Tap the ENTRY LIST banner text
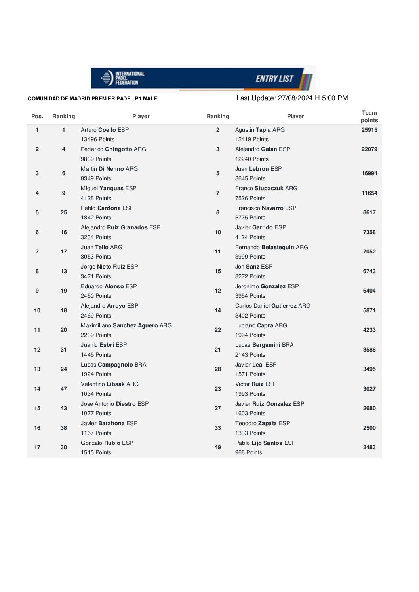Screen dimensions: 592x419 coord(274,79)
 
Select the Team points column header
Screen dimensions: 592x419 coord(369,116)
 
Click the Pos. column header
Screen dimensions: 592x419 coord(37,116)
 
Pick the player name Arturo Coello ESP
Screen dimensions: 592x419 coord(105,130)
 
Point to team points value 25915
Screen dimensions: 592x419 coord(369,130)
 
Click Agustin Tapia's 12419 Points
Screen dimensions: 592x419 coord(251,139)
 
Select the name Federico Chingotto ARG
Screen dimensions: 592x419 coord(113,149)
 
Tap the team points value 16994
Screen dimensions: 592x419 coord(369,173)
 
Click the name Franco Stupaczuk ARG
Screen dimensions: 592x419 coord(266,188)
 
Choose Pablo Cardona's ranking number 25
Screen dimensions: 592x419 coord(64,212)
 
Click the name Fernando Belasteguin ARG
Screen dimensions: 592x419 coord(271,247)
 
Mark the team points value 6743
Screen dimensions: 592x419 coord(369,271)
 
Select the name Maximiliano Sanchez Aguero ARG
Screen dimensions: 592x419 coord(126,325)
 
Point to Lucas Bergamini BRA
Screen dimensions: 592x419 coord(264,345)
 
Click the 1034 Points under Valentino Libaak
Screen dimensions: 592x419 coord(96,394)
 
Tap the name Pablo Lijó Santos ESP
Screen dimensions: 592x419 coord(265,443)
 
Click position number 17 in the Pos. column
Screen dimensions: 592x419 coord(37,447)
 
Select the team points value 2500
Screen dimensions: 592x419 coord(369,428)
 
